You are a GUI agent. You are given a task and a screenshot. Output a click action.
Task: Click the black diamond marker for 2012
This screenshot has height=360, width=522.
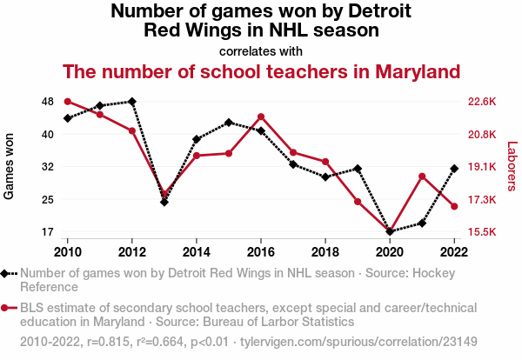131,102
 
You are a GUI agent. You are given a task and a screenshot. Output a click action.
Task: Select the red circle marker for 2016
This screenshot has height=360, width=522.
261,117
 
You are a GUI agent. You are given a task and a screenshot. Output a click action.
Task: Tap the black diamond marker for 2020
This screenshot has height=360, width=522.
390,231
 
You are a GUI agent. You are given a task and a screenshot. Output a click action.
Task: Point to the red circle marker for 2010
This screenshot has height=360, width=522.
67,102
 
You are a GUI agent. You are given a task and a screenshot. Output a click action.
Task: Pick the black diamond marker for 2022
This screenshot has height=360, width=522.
454,169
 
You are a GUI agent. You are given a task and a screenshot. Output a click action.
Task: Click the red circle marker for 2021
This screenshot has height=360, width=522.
422,177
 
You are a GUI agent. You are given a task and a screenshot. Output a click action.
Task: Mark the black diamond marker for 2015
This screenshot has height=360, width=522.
229,123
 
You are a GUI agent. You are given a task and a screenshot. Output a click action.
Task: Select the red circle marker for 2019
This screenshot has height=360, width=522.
358,202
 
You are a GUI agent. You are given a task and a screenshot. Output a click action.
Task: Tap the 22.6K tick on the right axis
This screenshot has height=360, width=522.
481,102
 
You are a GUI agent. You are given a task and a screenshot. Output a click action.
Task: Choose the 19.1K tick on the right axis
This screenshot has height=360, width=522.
481,167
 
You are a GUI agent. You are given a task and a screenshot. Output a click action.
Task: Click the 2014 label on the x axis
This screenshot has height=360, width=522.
197,251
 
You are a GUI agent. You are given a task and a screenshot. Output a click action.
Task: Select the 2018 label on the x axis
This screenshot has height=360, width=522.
325,251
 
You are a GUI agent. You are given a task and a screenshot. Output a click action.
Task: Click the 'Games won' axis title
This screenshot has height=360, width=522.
10,166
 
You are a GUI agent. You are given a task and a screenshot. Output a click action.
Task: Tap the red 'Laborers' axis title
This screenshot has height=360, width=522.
512,166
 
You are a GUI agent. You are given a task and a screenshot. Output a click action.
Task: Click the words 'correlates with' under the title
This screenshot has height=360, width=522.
260,50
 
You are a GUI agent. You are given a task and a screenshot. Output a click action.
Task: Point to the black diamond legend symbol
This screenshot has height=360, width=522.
6,273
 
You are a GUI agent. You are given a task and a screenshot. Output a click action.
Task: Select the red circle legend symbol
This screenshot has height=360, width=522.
6,308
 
